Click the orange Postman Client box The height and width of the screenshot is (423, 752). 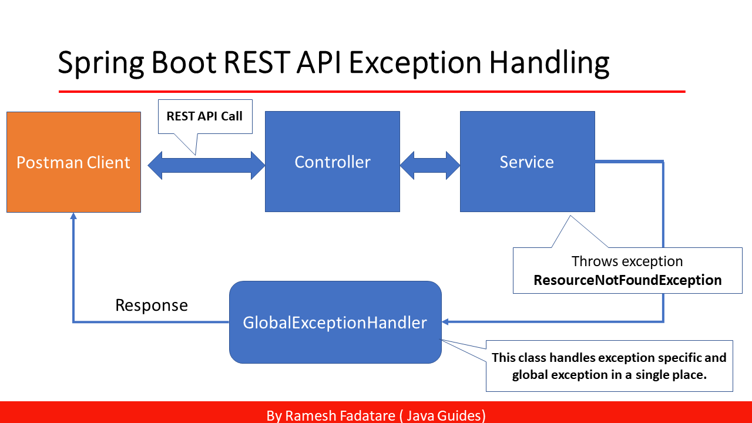coord(73,162)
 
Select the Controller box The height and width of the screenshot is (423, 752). coord(333,162)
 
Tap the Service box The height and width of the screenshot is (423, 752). coord(527,162)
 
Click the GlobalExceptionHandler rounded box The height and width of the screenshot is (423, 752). coord(335,322)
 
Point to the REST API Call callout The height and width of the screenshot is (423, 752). coord(204,116)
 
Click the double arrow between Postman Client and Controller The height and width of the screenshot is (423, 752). coord(206,165)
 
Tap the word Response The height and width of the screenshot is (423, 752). coord(152,305)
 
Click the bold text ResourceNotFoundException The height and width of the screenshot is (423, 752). coord(627,280)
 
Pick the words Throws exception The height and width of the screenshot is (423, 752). coord(627,261)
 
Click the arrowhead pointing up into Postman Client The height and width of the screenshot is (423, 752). coord(73,217)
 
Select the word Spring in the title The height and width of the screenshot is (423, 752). coord(100,63)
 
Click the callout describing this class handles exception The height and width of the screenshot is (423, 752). coord(609,365)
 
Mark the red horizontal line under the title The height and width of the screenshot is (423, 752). coord(372,92)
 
